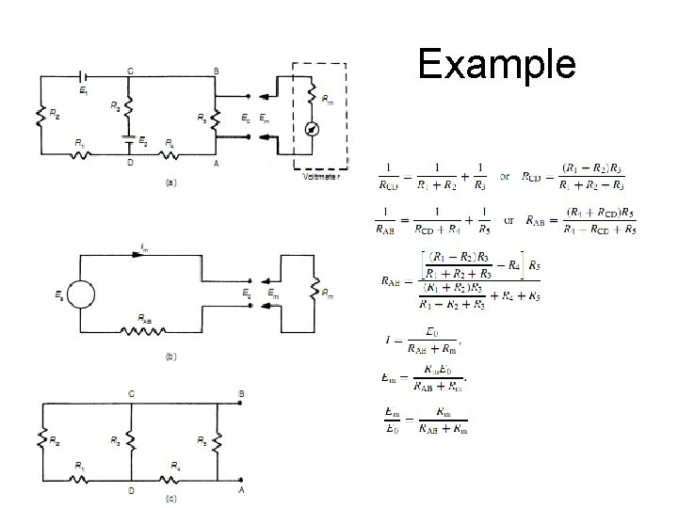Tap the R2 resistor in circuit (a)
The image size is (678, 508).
[x=40, y=115]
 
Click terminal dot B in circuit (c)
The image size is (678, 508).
[x=242, y=402]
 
